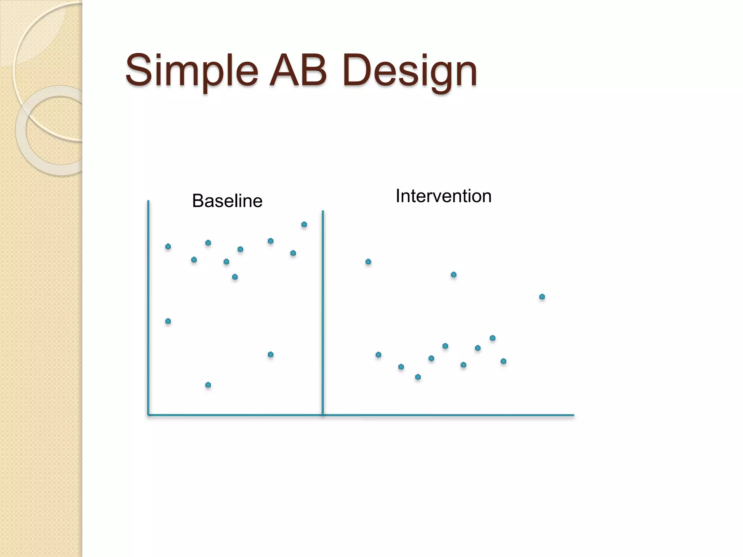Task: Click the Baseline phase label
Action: click(x=227, y=201)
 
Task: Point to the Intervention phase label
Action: click(x=443, y=196)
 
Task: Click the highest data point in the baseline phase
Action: click(x=304, y=224)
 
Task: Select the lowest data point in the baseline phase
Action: click(x=208, y=385)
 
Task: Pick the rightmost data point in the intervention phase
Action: click(x=542, y=297)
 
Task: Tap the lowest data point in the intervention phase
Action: click(x=418, y=377)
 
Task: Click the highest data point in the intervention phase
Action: click(x=368, y=261)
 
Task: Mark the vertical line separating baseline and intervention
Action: click(x=323, y=312)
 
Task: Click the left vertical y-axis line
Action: click(x=148, y=308)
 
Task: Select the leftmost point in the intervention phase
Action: click(x=368, y=261)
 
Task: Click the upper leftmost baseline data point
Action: click(x=168, y=247)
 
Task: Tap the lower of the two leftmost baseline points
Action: click(x=168, y=321)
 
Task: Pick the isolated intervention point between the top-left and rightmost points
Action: click(x=453, y=275)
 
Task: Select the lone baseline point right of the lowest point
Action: click(x=271, y=354)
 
